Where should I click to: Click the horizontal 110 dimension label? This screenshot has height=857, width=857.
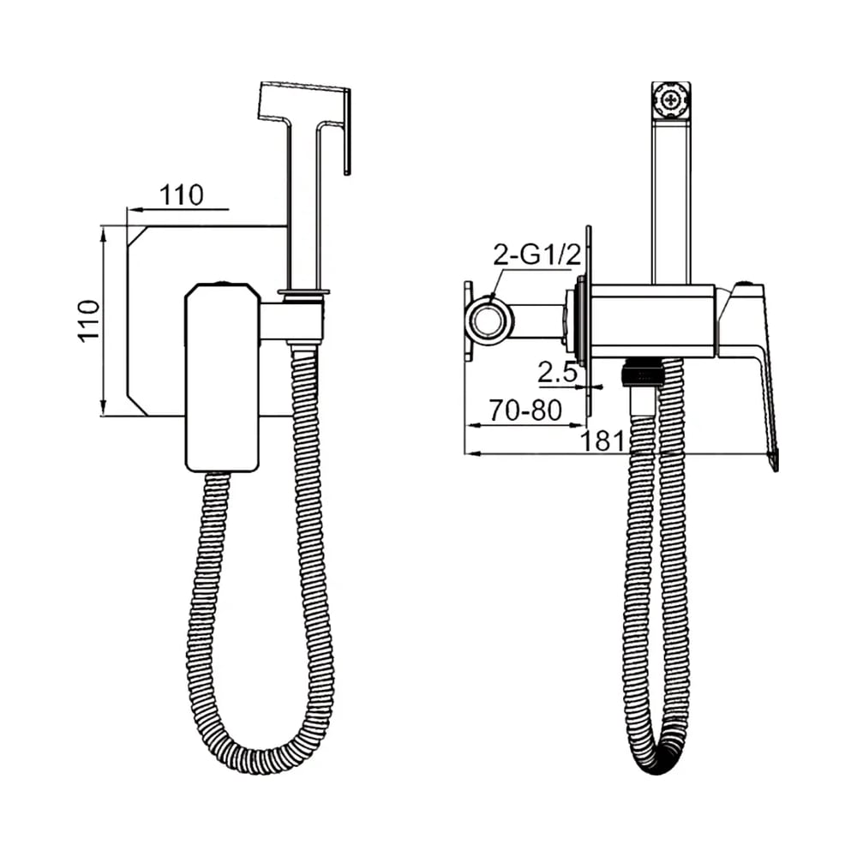tap(182, 195)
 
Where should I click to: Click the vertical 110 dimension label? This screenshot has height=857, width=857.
tap(89, 321)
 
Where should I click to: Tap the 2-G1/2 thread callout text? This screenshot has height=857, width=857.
tap(536, 255)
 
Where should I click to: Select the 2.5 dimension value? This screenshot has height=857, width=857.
tap(558, 373)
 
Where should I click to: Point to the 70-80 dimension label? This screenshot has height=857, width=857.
tap(525, 411)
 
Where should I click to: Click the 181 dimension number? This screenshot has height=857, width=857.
tap(602, 440)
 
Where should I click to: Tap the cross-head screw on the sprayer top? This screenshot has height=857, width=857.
tap(671, 100)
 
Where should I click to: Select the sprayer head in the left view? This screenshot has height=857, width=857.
tap(305, 129)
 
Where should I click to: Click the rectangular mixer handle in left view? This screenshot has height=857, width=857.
tap(222, 377)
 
